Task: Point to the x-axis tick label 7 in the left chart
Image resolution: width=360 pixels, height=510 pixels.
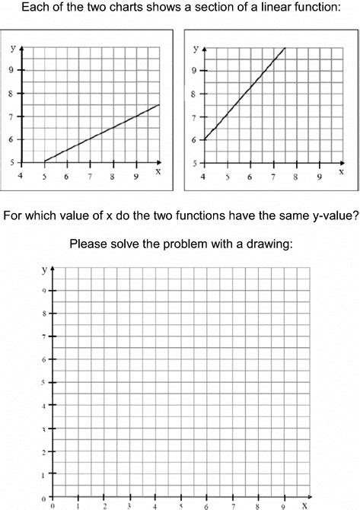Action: click(x=90, y=176)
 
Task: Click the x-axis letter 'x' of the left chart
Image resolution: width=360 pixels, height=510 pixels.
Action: click(x=158, y=172)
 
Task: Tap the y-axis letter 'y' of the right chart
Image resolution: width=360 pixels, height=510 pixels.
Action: click(x=196, y=48)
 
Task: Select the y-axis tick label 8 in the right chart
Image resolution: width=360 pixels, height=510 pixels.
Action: click(x=195, y=95)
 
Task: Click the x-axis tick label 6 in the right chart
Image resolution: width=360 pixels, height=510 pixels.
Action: click(x=249, y=177)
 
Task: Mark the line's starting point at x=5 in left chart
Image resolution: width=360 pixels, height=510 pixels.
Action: click(x=44, y=161)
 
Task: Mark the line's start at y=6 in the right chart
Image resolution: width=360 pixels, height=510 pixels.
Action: click(x=204, y=139)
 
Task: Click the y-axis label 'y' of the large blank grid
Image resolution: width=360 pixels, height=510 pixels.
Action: click(x=44, y=269)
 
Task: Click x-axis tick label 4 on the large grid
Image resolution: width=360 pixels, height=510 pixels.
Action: click(x=155, y=504)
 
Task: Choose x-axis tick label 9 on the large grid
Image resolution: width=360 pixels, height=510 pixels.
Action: click(x=283, y=504)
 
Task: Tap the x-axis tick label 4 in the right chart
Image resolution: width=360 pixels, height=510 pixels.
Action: click(x=202, y=177)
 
